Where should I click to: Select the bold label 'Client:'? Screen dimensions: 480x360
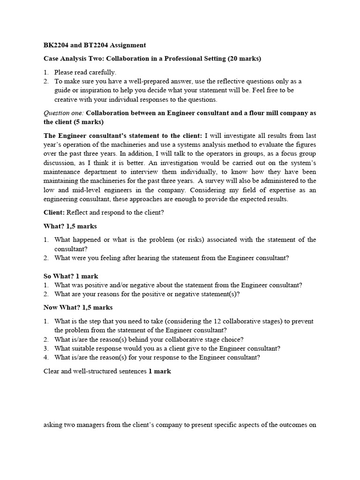pyautogui.click(x=54, y=212)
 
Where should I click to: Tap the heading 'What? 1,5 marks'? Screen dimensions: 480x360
pyautogui.click(x=70, y=226)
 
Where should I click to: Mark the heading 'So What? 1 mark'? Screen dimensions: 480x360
pyautogui.click(x=71, y=276)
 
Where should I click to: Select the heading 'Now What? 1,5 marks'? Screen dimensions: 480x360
pyautogui.click(x=78, y=307)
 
